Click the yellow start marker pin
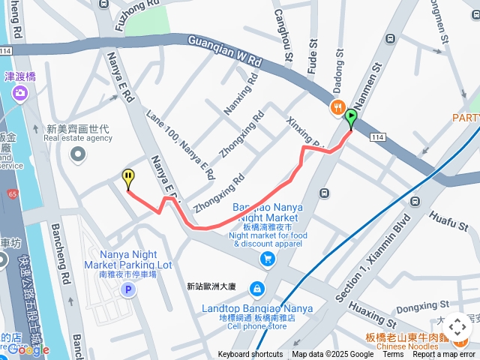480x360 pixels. [x=128, y=178]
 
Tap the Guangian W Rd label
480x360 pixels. [x=224, y=51]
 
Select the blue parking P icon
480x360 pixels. [x=128, y=290]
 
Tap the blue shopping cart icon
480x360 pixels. [x=267, y=259]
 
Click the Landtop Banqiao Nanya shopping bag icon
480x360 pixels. [x=256, y=289]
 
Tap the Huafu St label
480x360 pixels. [x=448, y=218]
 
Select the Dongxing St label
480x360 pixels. [x=418, y=306]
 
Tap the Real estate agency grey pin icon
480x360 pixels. [x=77, y=154]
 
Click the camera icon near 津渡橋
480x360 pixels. [x=20, y=93]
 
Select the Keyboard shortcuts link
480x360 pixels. [x=250, y=355]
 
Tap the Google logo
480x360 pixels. [x=28, y=349]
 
